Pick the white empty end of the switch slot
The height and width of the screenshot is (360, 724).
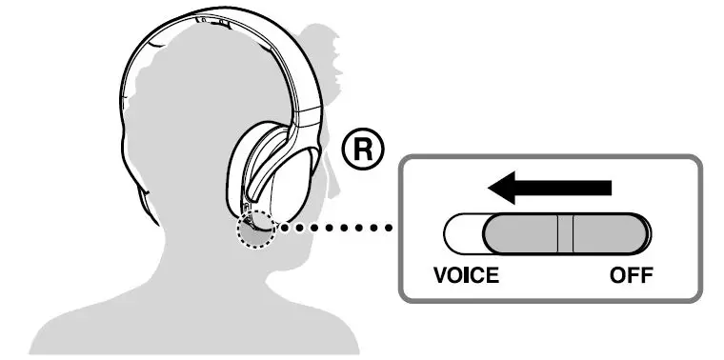(x=458, y=233)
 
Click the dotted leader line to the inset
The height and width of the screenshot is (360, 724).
(x=333, y=229)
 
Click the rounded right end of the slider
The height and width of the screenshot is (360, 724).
(x=640, y=233)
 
